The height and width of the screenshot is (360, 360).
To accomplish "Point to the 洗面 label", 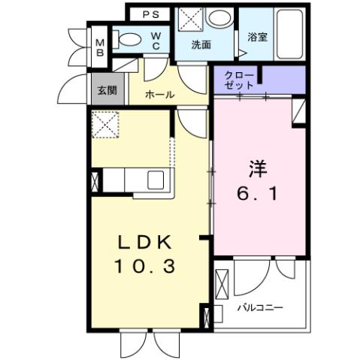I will pos(201,44).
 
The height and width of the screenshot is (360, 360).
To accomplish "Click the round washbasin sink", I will pos(220,18).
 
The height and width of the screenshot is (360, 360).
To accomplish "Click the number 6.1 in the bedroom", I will pos(260,193).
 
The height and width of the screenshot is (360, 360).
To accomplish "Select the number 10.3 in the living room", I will pos(148,265).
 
